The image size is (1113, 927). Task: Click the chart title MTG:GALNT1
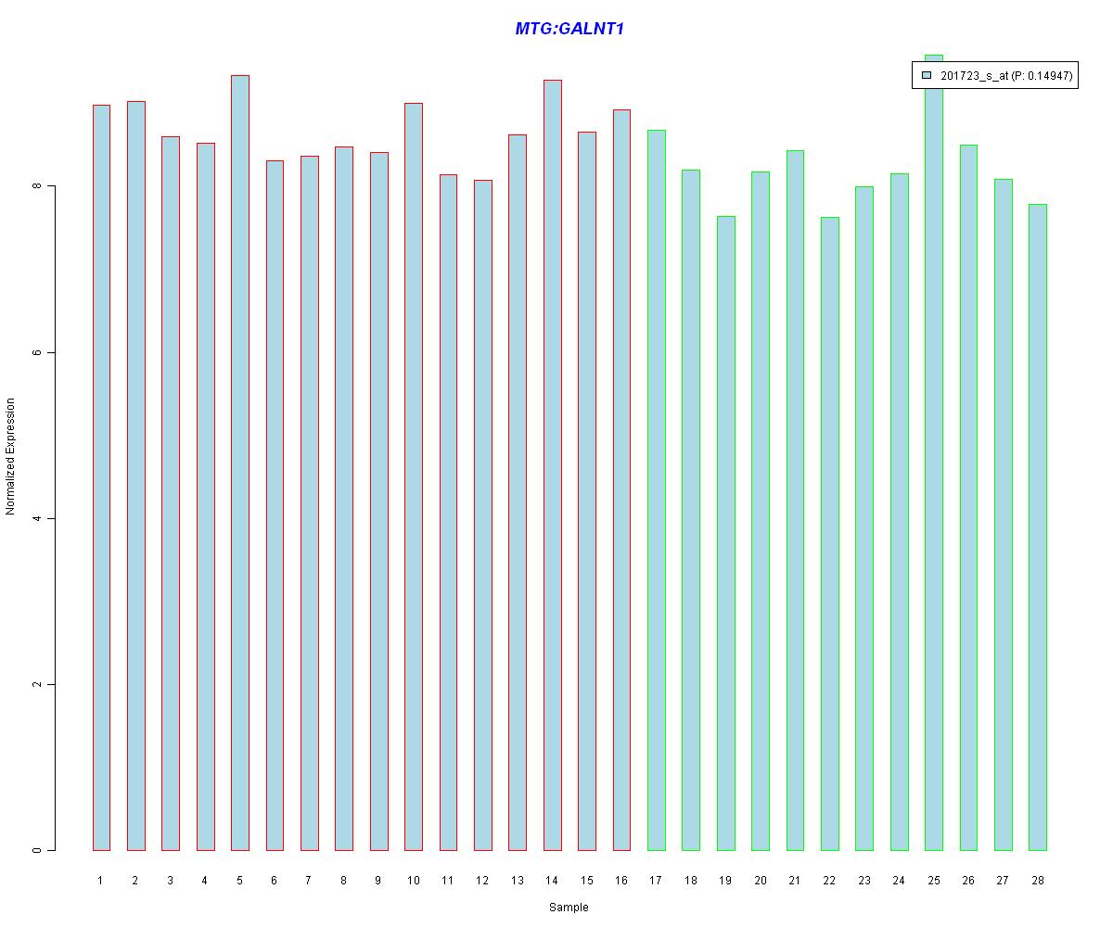(569, 29)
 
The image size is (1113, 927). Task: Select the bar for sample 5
(239, 463)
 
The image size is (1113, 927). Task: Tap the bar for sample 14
(552, 463)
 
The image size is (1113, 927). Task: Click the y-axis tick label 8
(36, 186)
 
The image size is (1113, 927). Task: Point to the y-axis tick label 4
(36, 518)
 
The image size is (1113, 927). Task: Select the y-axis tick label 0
(36, 850)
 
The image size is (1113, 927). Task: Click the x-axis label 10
(413, 880)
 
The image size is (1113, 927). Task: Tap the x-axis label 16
(621, 880)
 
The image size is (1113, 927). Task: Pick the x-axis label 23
(864, 880)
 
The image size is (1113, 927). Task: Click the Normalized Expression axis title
(11, 456)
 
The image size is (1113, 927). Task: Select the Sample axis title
(569, 908)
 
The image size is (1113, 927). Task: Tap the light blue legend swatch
(927, 76)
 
